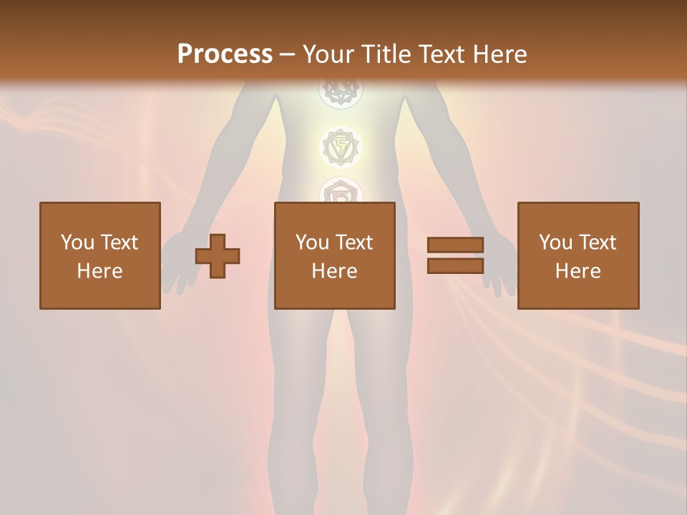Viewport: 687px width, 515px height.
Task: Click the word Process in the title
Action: click(x=225, y=54)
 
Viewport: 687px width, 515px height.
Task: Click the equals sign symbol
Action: click(x=455, y=255)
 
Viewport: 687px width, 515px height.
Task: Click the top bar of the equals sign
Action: click(x=455, y=245)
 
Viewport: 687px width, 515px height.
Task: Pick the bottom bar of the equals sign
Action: click(x=455, y=266)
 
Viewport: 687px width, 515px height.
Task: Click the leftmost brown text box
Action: click(x=100, y=255)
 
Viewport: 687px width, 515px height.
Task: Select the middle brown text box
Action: click(x=335, y=255)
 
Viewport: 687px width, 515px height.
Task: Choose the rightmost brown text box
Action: click(x=578, y=255)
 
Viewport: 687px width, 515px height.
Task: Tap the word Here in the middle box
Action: click(x=335, y=271)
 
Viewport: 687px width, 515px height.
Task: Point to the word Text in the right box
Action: click(x=597, y=242)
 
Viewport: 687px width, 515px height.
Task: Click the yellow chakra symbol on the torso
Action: click(x=341, y=147)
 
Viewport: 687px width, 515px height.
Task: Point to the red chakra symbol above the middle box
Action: click(x=341, y=192)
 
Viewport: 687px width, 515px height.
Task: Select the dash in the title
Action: click(x=288, y=55)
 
